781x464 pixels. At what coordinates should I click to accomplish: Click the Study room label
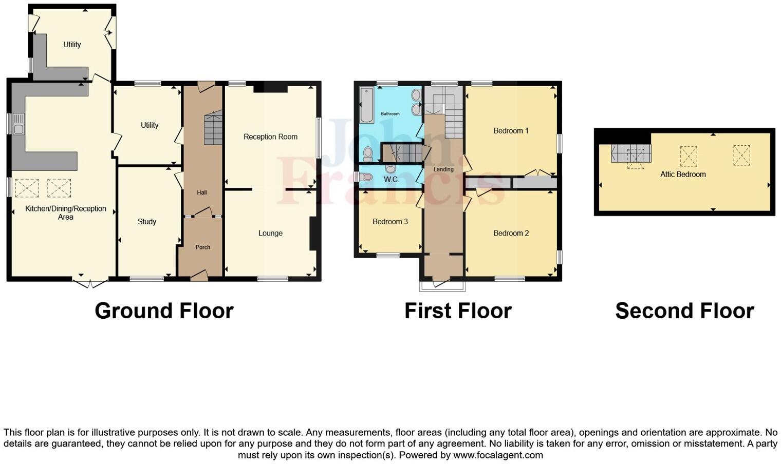147,222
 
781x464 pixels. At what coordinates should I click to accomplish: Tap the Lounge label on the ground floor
270,233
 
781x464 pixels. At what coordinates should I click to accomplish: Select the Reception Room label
270,137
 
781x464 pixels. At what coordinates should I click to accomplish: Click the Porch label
203,247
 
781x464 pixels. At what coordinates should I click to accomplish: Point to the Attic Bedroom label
683,175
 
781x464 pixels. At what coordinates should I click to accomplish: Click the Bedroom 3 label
390,222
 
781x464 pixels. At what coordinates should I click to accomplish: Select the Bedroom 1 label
511,131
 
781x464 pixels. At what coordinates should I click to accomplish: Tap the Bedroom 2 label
511,233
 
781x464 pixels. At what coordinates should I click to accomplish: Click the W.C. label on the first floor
392,180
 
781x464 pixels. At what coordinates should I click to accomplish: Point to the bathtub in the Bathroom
367,106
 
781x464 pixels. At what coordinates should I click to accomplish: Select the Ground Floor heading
164,311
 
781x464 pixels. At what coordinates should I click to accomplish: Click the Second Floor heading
684,311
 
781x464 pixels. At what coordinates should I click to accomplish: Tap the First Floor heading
458,311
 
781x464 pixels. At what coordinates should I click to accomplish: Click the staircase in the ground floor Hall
213,129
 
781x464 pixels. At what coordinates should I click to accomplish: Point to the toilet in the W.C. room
366,177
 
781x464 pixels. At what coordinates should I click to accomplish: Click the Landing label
443,169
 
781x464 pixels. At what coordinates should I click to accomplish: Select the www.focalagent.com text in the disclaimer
497,455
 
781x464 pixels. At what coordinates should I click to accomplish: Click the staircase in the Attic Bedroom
631,153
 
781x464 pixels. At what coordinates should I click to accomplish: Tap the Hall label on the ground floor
202,192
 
